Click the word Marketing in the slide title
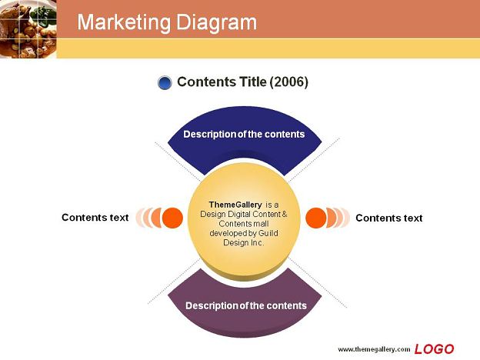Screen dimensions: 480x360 click(x=124, y=22)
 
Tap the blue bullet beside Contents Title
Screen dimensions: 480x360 click(x=165, y=82)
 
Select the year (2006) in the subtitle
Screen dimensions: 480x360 click(x=288, y=82)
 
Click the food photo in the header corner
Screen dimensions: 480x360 click(x=28, y=29)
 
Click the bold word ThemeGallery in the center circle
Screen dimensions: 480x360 click(x=235, y=205)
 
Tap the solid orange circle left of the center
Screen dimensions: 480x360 click(x=172, y=218)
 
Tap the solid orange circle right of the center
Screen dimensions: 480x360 click(x=316, y=218)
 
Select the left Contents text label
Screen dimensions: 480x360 click(x=95, y=218)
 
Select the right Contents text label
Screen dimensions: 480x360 click(x=388, y=218)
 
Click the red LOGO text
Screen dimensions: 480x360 click(x=434, y=349)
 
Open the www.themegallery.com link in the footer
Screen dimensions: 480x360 click(x=374, y=349)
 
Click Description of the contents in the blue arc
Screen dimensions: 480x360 click(x=244, y=135)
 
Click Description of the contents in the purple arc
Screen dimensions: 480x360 click(x=246, y=306)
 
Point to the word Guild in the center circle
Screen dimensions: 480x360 click(x=268, y=233)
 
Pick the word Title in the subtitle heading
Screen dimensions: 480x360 click(x=252, y=82)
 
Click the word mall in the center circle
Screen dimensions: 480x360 click(x=260, y=224)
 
